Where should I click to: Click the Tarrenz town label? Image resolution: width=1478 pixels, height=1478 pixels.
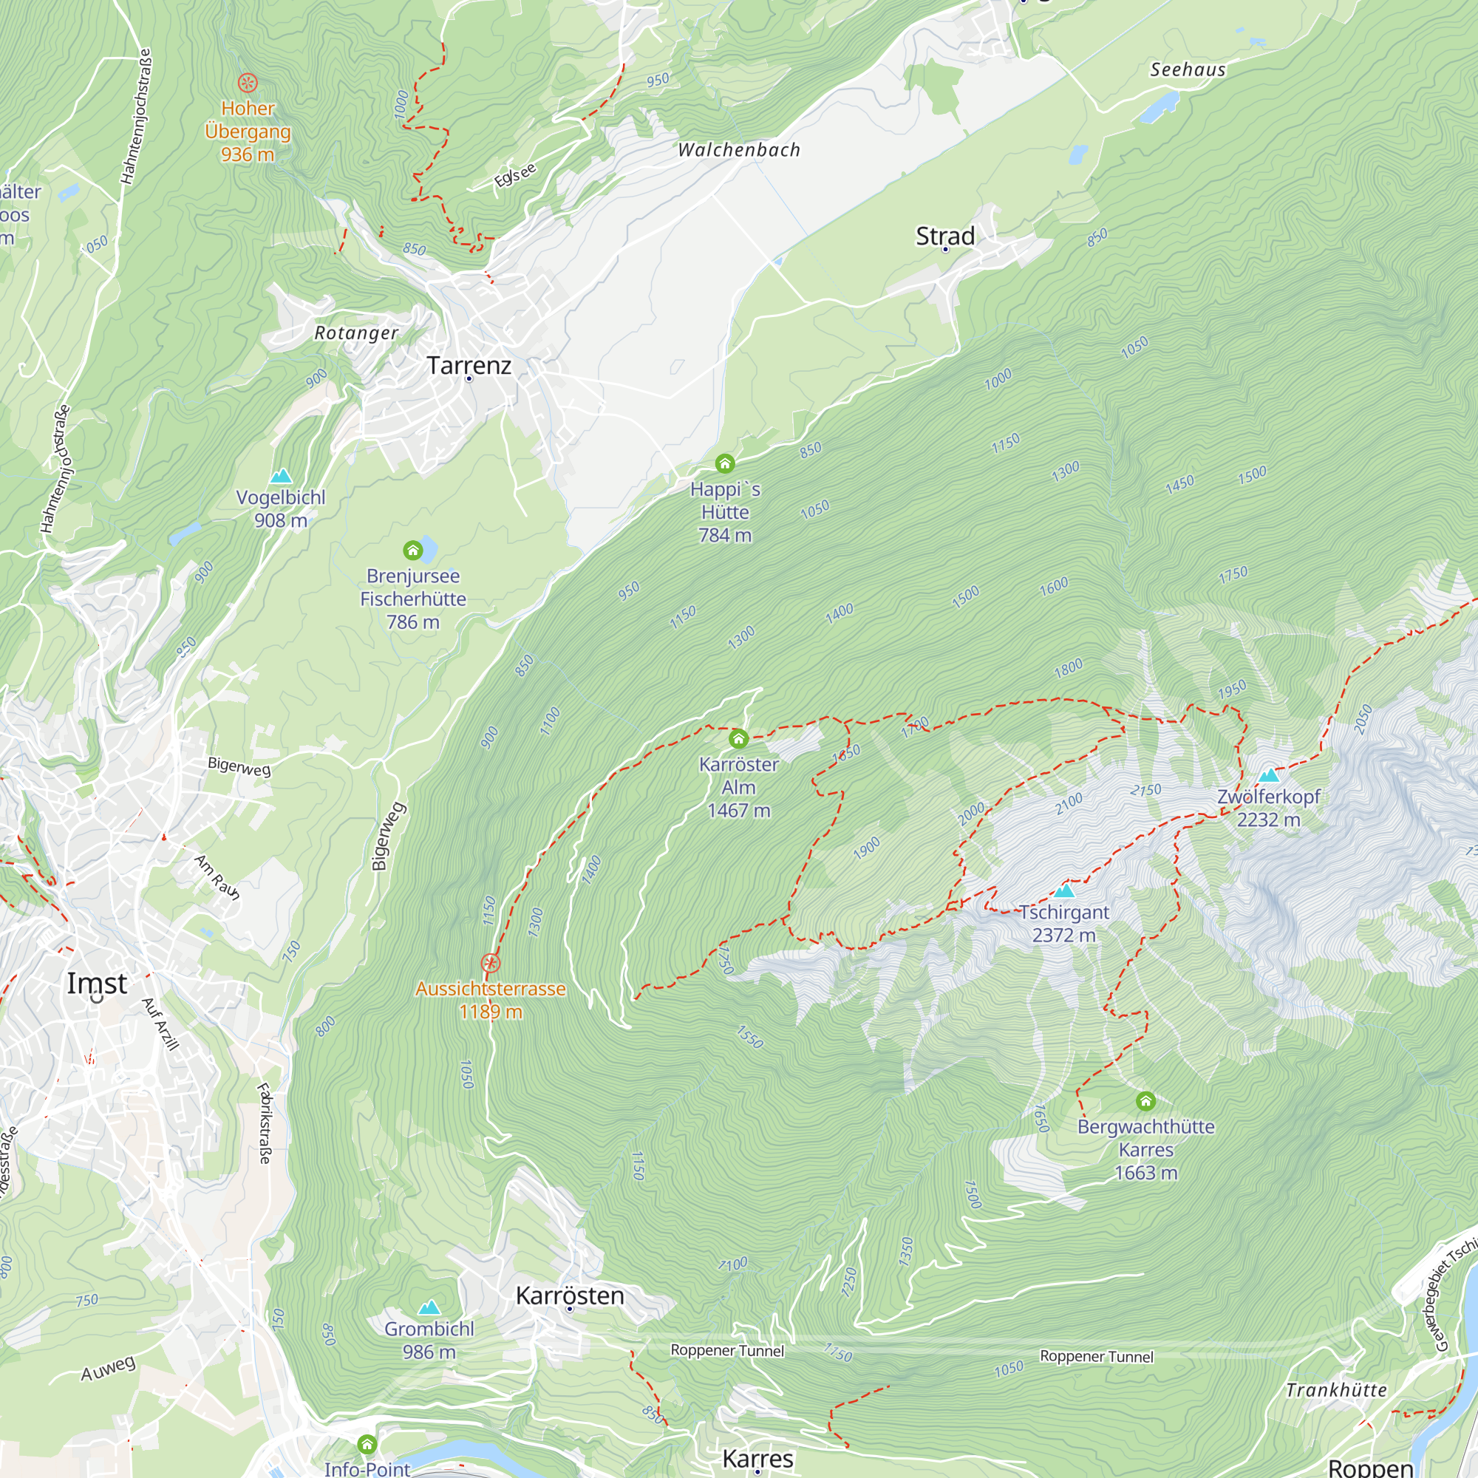(x=469, y=365)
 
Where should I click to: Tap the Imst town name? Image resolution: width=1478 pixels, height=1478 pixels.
(x=97, y=983)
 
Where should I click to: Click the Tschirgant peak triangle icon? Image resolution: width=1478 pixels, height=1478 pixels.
(x=1064, y=891)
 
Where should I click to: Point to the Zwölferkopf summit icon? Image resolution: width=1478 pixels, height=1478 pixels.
(x=1268, y=775)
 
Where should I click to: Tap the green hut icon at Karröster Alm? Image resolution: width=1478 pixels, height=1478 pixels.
(x=738, y=739)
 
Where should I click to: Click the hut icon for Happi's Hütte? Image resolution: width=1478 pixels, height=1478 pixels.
(x=724, y=463)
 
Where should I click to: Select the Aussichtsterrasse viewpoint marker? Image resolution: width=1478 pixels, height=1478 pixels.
(x=491, y=963)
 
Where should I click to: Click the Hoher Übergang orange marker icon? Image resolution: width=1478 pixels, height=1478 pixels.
(x=247, y=83)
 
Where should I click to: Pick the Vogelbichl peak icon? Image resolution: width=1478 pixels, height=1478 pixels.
(x=281, y=476)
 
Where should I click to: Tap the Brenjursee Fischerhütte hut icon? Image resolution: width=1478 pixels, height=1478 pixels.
(x=413, y=550)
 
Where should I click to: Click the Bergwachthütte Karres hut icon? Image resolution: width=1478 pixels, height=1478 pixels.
(x=1145, y=1101)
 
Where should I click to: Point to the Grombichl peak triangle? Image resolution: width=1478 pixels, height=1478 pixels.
(x=429, y=1307)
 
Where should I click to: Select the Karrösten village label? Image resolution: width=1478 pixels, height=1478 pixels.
(x=570, y=1296)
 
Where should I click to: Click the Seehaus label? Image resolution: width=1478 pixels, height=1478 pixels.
(x=1188, y=69)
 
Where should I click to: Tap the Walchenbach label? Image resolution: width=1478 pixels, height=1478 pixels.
(x=739, y=150)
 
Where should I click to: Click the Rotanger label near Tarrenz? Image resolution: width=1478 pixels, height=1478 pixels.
(x=356, y=333)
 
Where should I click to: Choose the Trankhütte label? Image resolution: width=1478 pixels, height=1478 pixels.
(x=1335, y=1390)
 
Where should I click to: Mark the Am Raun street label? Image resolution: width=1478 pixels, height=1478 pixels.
(x=217, y=877)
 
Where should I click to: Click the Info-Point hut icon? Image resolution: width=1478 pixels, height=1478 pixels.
(x=367, y=1444)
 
